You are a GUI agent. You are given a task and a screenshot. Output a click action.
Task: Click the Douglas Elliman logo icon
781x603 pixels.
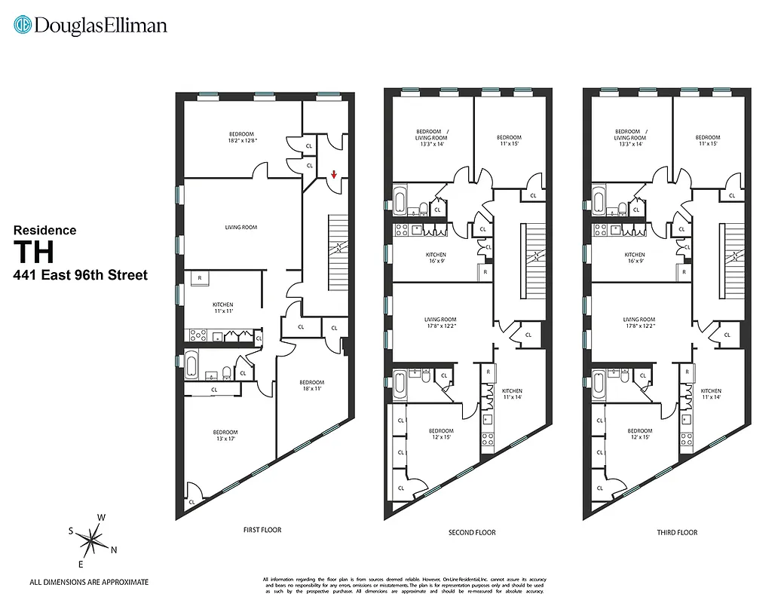[x=23, y=25]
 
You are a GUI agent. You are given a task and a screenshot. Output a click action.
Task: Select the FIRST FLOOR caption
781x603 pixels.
[x=262, y=530]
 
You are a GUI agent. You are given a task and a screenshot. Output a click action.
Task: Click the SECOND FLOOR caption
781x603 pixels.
[x=472, y=532]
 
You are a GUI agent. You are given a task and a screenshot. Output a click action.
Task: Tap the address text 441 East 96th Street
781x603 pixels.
[x=81, y=275]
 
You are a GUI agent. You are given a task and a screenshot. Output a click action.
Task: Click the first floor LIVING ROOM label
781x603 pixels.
[x=241, y=227]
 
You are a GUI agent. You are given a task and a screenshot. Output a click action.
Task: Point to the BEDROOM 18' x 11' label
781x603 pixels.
[x=311, y=386]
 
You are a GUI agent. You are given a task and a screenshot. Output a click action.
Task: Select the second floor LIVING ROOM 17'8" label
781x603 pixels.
[x=440, y=323]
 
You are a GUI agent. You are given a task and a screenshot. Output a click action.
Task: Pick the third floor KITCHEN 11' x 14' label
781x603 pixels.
[x=711, y=394]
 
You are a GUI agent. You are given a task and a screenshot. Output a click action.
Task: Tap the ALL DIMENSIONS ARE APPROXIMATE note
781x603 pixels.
[x=89, y=582]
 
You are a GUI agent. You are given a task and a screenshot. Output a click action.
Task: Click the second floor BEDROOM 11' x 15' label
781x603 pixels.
[x=509, y=140]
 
